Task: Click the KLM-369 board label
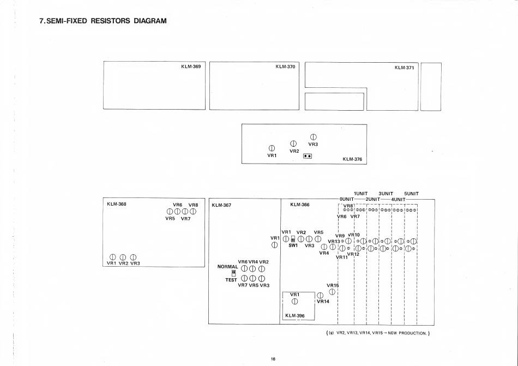pyautogui.click(x=191, y=67)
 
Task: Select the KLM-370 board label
pyautogui.click(x=285, y=67)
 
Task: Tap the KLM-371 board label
pyautogui.click(x=405, y=68)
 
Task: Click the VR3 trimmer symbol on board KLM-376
pyautogui.click(x=313, y=137)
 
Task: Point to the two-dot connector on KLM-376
pyautogui.click(x=308, y=155)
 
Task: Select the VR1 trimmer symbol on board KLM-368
pyautogui.click(x=112, y=257)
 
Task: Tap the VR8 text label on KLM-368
pyautogui.click(x=193, y=205)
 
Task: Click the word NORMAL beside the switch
pyautogui.click(x=228, y=267)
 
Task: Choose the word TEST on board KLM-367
pyautogui.click(x=232, y=280)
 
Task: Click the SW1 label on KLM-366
pyautogui.click(x=293, y=245)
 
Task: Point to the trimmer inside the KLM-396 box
pyautogui.click(x=294, y=302)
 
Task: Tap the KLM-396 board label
pyautogui.click(x=294, y=316)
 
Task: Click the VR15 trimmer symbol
pyautogui.click(x=332, y=292)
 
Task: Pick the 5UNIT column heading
pyautogui.click(x=411, y=193)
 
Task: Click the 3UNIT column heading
pyautogui.click(x=386, y=193)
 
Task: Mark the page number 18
pyautogui.click(x=273, y=359)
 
